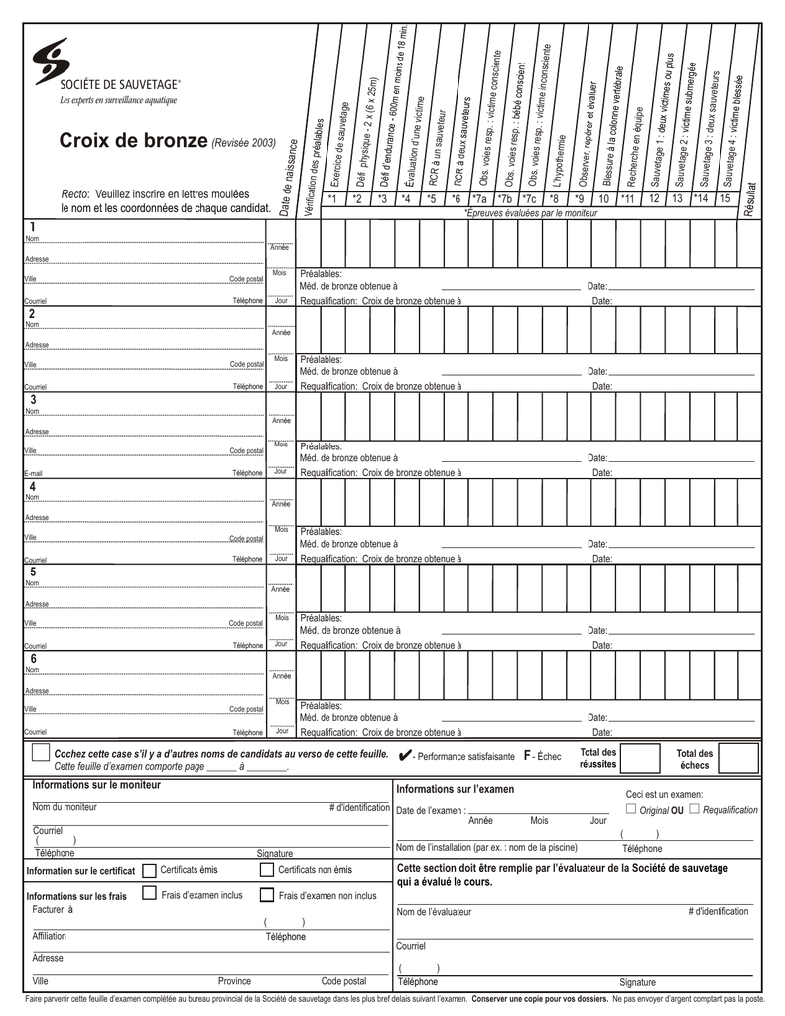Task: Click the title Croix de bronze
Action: point(132,141)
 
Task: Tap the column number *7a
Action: point(480,198)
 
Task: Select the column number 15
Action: point(725,198)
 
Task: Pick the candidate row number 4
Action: point(33,487)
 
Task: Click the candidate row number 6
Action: point(33,659)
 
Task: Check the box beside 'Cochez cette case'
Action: point(40,754)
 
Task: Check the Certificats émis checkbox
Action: point(149,870)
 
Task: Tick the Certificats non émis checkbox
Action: point(267,870)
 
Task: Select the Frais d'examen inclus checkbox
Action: point(149,894)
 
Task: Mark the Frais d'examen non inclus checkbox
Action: point(267,894)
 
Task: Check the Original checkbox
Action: point(631,809)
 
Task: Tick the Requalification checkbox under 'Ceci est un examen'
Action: point(694,809)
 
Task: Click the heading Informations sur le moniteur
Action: point(95,785)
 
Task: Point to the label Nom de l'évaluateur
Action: point(435,912)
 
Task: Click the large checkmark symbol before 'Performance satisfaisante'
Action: point(404,756)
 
